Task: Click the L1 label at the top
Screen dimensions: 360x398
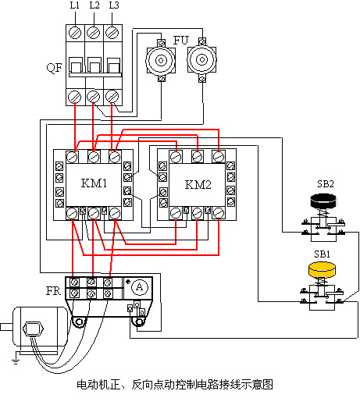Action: tap(75, 5)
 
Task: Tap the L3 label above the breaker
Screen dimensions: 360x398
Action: tap(114, 5)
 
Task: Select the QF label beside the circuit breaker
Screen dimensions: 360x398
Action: tap(54, 68)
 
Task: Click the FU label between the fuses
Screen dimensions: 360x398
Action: tap(180, 41)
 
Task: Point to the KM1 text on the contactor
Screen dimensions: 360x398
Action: tap(94, 183)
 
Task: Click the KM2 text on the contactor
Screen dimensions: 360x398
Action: tap(198, 184)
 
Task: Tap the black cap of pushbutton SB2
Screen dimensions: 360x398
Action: tap(323, 201)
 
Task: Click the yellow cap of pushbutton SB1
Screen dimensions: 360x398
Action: tap(322, 269)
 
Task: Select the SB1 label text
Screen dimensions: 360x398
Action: tap(322, 254)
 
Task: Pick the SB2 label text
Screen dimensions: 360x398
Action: tap(326, 184)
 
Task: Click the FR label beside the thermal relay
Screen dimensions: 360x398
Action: tap(53, 291)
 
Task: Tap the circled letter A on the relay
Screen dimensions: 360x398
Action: tap(140, 287)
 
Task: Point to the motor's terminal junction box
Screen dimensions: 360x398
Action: tap(33, 329)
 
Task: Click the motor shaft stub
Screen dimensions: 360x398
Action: tap(6, 327)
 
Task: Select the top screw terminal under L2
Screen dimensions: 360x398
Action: tap(93, 33)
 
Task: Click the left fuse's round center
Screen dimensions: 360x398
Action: tap(161, 61)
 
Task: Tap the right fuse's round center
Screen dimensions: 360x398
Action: tap(202, 60)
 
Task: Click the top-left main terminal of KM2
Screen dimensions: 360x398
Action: tap(176, 157)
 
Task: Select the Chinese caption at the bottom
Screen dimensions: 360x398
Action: tap(175, 385)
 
